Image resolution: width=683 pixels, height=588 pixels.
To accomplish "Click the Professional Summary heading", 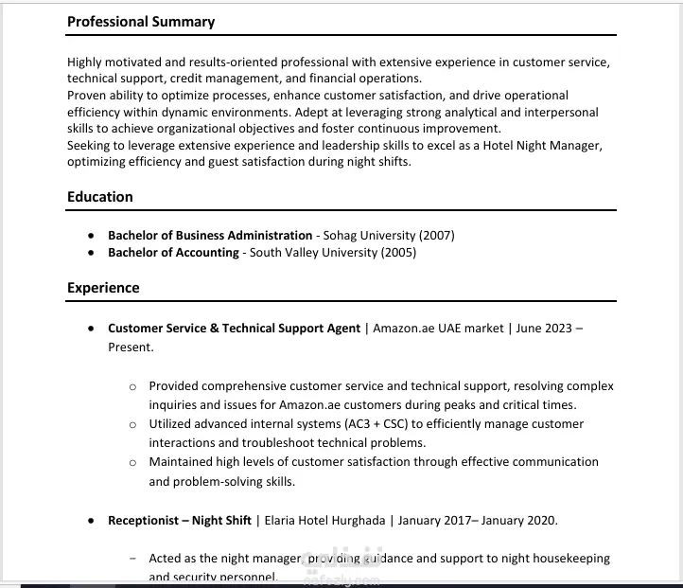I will click(141, 22).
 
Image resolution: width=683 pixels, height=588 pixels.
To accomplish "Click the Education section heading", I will click(100, 197).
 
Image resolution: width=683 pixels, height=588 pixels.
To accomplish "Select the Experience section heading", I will click(103, 288).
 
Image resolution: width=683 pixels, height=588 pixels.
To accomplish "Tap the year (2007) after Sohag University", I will click(437, 235).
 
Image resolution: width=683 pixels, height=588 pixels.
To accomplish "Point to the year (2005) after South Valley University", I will click(398, 253).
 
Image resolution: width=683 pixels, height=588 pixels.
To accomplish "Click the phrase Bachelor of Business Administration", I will click(210, 235).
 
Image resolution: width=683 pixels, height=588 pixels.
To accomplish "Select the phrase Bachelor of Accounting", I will click(173, 253).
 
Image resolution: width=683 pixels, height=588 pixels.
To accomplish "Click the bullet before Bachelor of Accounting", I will click(90, 254).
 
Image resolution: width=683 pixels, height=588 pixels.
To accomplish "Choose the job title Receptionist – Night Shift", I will click(180, 521).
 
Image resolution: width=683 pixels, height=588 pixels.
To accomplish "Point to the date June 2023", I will click(544, 329).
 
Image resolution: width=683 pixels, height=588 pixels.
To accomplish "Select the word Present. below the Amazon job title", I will click(130, 347).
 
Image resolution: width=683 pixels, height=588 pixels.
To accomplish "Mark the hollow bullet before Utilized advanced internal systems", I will click(132, 424).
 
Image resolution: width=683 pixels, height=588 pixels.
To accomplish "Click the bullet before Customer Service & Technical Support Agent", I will click(90, 330).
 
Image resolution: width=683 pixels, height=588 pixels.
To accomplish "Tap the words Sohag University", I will click(369, 235).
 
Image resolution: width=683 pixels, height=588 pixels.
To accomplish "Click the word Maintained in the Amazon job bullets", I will click(183, 462).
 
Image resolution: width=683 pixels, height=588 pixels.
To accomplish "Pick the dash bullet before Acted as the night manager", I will click(131, 559).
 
